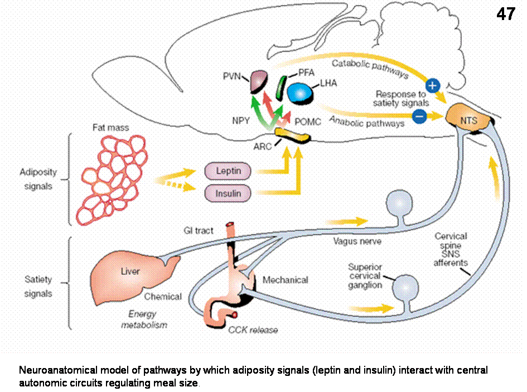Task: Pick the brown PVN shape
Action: [x=259, y=81]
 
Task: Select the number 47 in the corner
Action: [x=506, y=15]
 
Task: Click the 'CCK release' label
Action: [x=253, y=330]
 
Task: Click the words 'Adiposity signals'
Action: [x=38, y=179]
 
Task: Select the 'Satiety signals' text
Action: [x=38, y=285]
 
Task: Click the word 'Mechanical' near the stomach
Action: [x=285, y=280]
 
